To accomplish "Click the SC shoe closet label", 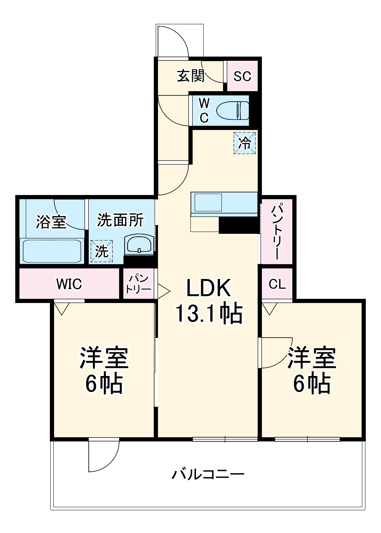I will tap(242, 76).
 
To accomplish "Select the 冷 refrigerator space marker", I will tap(245, 143).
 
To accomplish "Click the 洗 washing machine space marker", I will tap(101, 251).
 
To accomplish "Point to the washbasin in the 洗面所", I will tap(139, 245).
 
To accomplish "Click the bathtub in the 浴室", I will tap(52, 252).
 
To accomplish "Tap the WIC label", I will tap(69, 284).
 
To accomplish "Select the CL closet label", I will tap(277, 284).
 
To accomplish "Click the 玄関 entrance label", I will tap(190, 76).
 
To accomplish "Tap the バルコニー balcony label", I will tap(208, 475).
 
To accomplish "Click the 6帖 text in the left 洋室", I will tap(104, 384).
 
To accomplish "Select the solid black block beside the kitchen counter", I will tap(238, 225).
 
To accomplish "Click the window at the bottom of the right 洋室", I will tap(308, 439).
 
